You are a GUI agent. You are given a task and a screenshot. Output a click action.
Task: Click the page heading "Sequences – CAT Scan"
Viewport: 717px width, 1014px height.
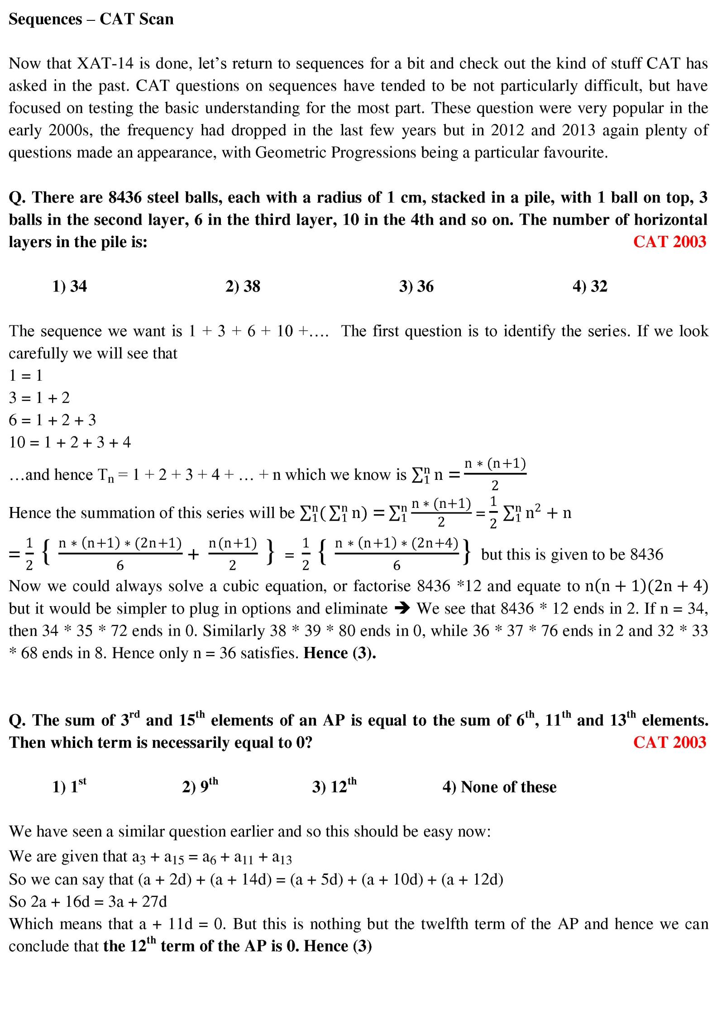coord(91,19)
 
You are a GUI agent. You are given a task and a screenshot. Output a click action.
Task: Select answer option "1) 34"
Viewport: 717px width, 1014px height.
coord(69,286)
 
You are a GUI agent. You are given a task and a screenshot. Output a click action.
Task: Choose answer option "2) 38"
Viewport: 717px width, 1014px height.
coord(243,286)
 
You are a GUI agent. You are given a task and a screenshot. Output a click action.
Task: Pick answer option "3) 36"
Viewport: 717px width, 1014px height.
coord(416,286)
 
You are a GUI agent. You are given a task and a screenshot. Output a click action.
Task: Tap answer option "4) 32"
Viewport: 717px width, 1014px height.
coord(589,286)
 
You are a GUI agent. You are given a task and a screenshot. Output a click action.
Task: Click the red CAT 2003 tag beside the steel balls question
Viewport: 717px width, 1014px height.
coord(669,242)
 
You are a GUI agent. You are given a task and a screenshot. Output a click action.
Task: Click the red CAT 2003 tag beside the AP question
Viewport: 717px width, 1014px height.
coord(669,742)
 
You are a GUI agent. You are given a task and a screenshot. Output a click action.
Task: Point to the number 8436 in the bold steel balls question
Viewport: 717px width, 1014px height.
coord(125,197)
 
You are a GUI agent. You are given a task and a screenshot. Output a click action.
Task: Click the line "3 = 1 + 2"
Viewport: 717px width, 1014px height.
coord(39,398)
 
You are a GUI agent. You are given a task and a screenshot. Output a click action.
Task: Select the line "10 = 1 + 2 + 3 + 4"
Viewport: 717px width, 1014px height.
coord(70,442)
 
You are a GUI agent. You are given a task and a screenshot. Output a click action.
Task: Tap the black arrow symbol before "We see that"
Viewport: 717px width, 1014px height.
coord(402,608)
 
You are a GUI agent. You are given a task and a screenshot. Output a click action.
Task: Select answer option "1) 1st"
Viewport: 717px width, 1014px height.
coord(69,787)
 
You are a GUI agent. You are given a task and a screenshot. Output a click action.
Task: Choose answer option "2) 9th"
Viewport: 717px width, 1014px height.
coord(200,787)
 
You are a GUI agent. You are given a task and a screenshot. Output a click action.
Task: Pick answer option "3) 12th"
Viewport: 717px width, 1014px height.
coord(334,787)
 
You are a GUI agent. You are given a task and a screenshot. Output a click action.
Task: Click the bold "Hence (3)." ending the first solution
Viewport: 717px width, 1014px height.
coord(339,653)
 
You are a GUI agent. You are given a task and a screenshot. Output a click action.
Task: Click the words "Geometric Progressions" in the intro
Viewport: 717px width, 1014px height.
coord(335,153)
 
